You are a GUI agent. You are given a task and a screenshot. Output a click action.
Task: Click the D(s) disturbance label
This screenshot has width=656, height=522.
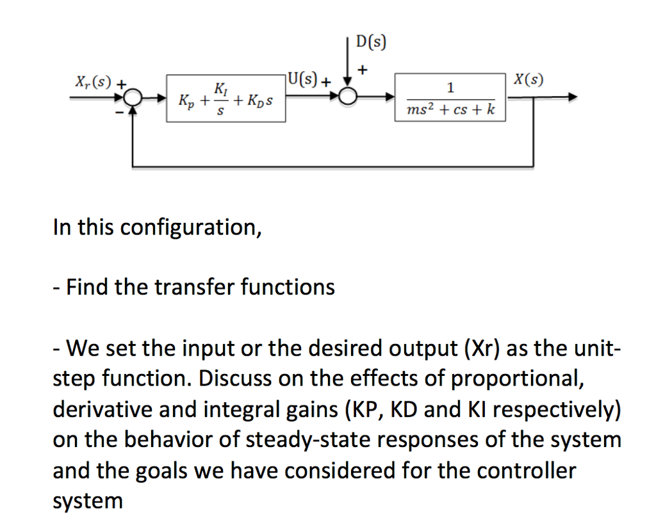point(371,42)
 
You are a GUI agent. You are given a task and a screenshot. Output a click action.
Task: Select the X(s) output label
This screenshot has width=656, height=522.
point(529,80)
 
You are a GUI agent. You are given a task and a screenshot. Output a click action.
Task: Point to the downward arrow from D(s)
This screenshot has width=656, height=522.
point(348,70)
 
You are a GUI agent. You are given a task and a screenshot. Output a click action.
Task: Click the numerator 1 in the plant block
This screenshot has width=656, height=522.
point(451,87)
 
